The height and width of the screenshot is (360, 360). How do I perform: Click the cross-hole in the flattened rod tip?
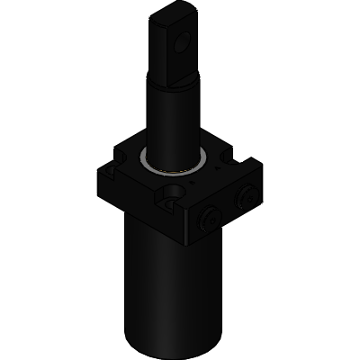pos(184,41)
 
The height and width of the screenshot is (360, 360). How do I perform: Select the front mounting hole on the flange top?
pos(170,193)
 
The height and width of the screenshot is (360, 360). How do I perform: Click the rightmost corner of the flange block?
pos(261,166)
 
